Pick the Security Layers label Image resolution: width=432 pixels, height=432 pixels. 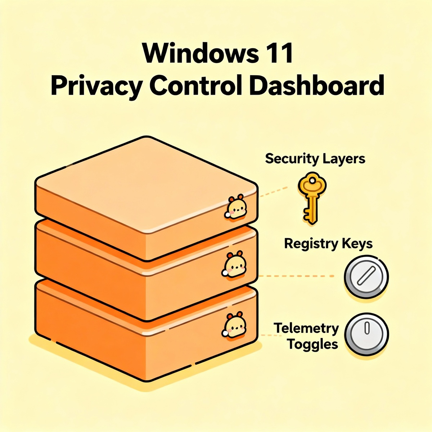coord(315,158)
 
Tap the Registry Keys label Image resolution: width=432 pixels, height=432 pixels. coord(328,244)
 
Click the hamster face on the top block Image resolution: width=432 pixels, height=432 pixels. coord(236,208)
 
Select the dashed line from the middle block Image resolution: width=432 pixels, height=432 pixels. coord(297,276)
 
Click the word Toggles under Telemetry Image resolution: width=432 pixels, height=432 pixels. coord(312,344)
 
